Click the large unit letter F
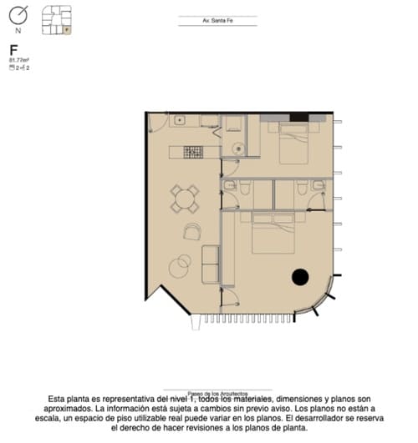tap(14, 51)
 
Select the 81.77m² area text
tap(18, 61)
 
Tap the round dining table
tap(185, 199)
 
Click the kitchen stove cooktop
tap(193, 152)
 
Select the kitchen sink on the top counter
tap(179, 120)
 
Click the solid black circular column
tap(299, 277)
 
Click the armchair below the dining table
tap(193, 231)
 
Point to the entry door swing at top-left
tap(157, 123)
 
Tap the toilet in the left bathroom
tap(245, 191)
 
